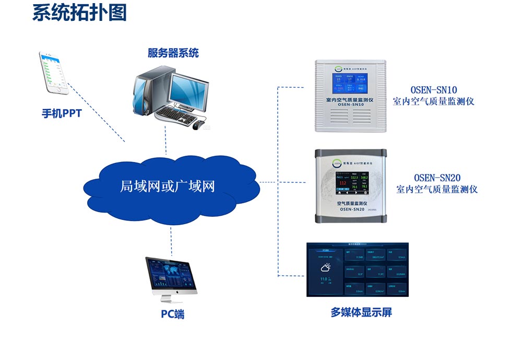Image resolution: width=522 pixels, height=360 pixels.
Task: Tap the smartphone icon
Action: (54, 73)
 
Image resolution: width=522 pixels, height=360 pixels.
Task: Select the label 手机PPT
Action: (62, 113)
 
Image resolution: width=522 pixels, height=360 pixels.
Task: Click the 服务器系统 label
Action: (173, 53)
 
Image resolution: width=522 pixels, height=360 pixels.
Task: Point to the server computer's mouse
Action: (196, 125)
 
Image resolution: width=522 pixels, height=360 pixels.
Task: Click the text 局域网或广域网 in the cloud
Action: (168, 187)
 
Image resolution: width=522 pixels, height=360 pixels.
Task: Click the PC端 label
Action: (172, 315)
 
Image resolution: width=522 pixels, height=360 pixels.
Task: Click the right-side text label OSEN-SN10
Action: (433, 89)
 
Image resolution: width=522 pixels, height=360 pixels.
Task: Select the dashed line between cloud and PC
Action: (171, 240)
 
